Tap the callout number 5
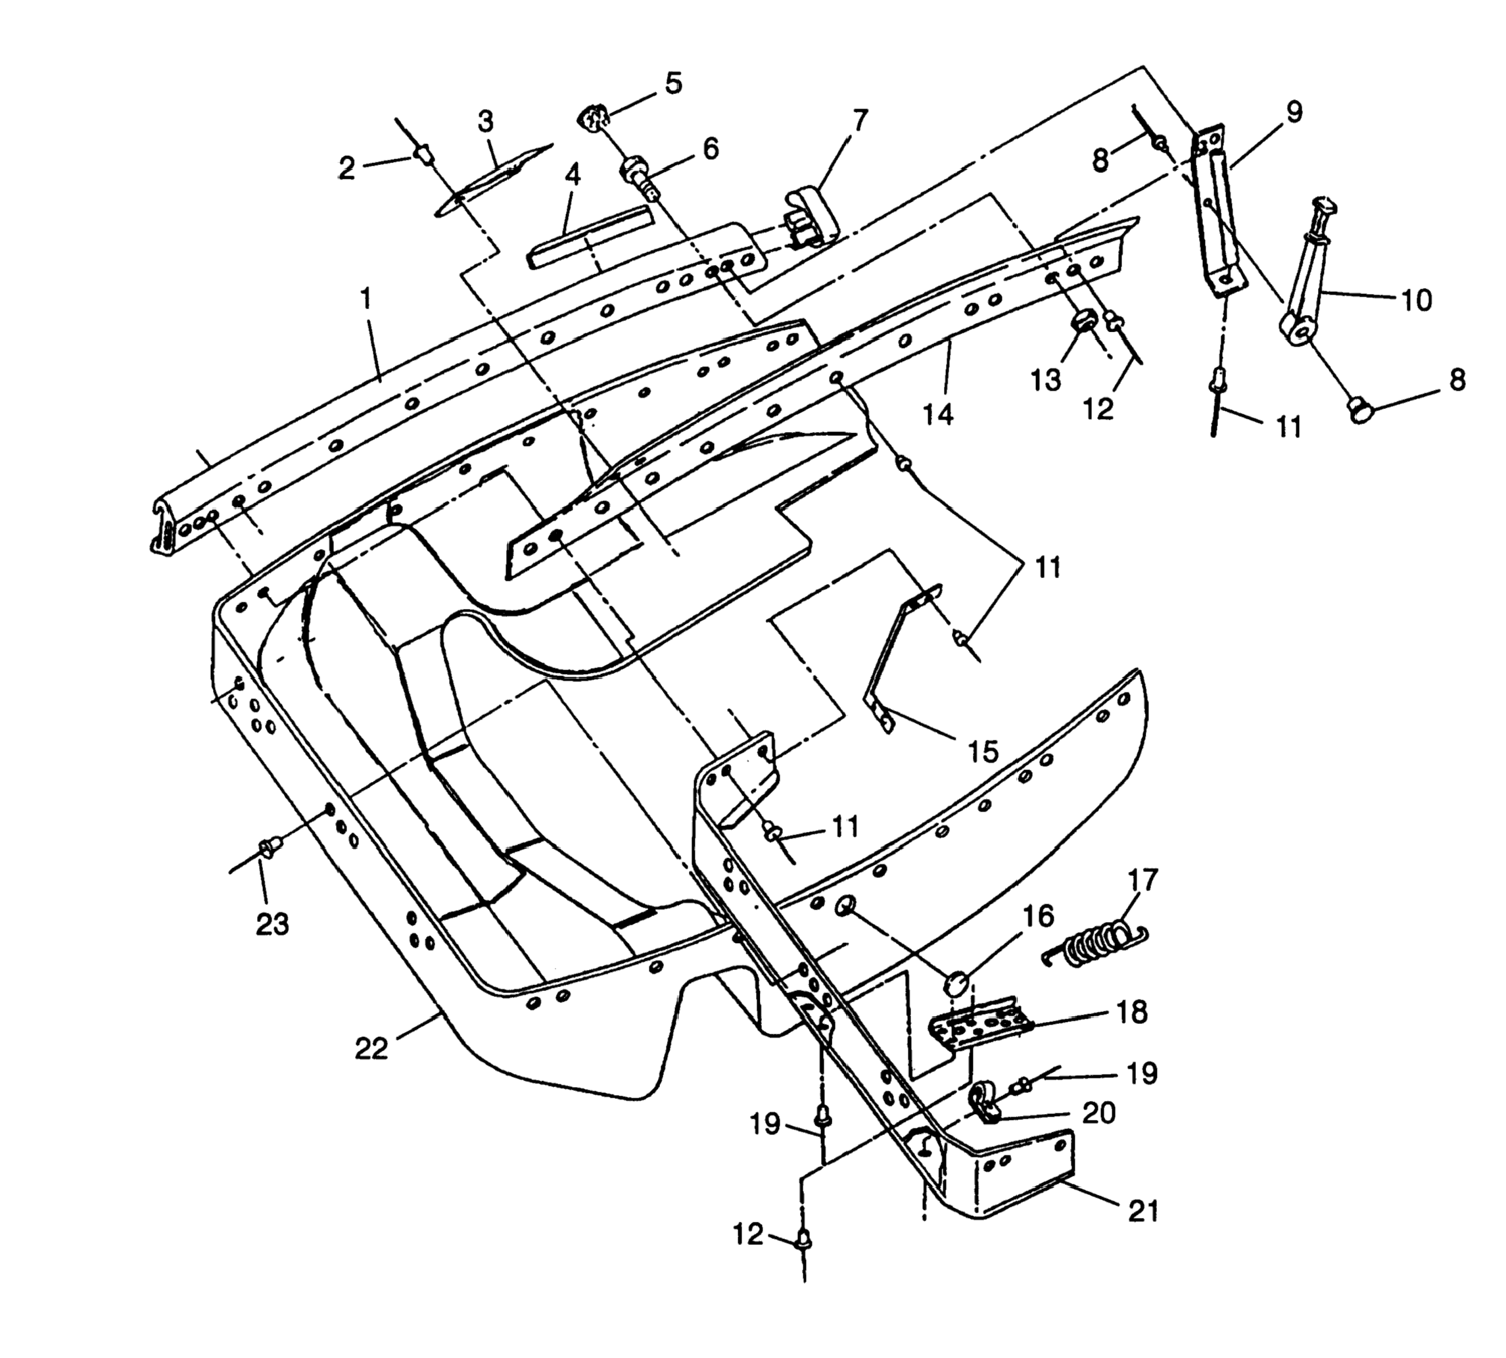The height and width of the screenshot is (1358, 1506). coord(674,83)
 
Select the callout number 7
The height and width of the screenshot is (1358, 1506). coord(860,120)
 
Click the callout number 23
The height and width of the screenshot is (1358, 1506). coord(272,924)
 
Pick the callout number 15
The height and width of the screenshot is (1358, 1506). coord(984,752)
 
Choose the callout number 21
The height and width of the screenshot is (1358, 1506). coord(1142,1210)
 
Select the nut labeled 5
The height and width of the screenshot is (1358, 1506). coord(593,118)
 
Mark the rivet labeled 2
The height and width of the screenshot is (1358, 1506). coord(423,155)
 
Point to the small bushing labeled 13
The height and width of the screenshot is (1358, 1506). coord(1082,325)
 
